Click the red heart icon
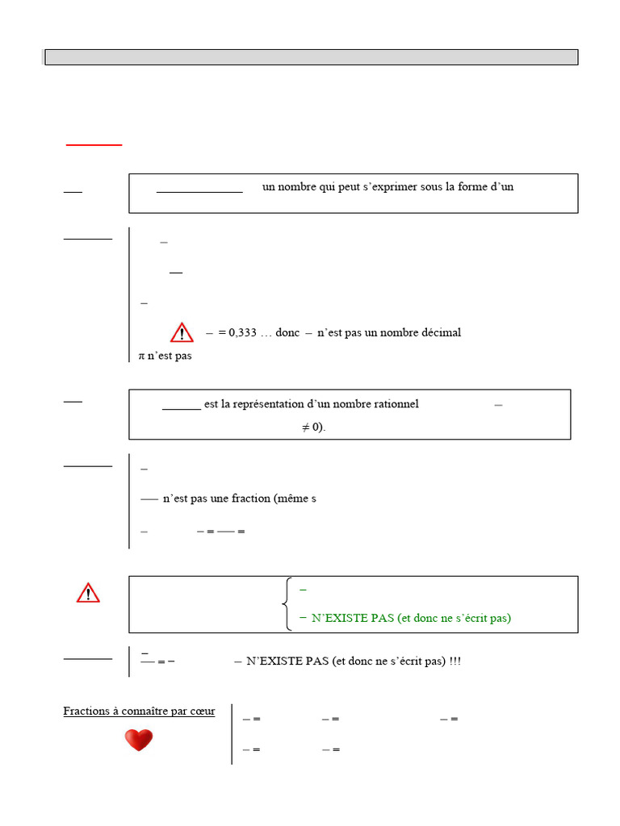[x=139, y=740]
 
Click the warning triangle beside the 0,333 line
[x=182, y=332]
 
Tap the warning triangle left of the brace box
[x=88, y=594]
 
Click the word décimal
[x=440, y=332]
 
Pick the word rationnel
[x=394, y=404]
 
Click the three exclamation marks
[x=455, y=661]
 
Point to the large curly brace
[x=287, y=604]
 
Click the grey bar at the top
[x=311, y=57]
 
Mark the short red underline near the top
[x=94, y=144]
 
